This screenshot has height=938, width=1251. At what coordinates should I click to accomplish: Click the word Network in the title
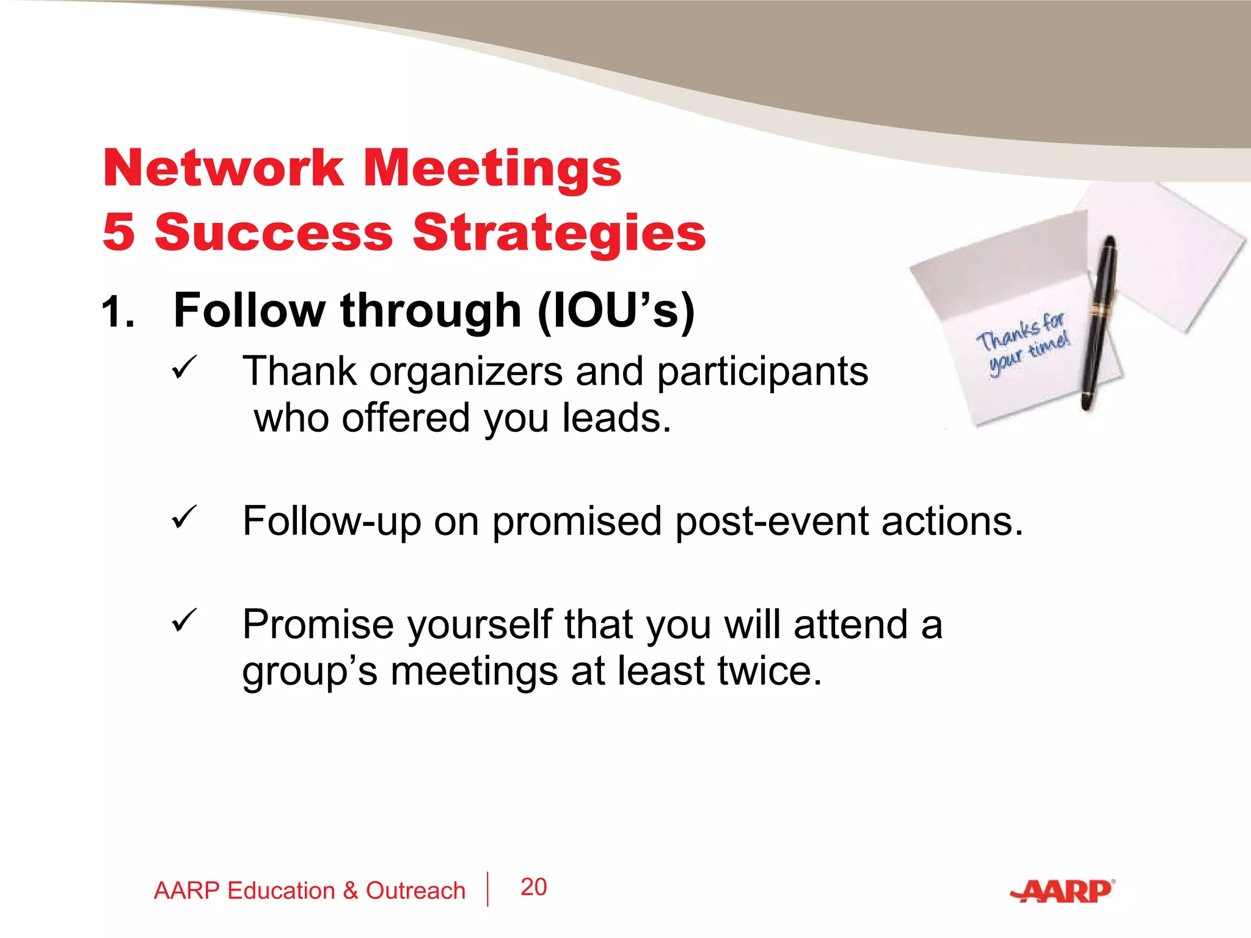tap(224, 168)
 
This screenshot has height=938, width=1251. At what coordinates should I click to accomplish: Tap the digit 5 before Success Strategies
tap(119, 232)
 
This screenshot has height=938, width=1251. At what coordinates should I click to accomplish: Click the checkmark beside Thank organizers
tap(184, 367)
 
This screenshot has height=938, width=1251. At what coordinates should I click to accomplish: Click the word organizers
tap(465, 372)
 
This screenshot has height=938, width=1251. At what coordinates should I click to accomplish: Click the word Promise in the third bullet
tap(318, 625)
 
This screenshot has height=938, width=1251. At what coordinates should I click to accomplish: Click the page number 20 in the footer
tap(533, 887)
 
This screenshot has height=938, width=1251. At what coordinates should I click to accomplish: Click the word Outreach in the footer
tap(415, 891)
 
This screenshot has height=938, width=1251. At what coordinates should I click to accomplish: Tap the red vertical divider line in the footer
tap(487, 889)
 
